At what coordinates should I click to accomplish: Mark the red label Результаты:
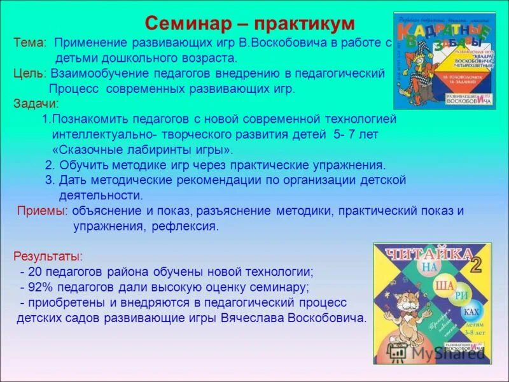[48, 257]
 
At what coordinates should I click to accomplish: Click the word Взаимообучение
[99, 73]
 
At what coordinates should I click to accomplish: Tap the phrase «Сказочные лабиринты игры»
[143, 150]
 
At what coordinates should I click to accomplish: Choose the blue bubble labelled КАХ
[471, 312]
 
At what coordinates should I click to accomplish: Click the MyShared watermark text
[447, 353]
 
